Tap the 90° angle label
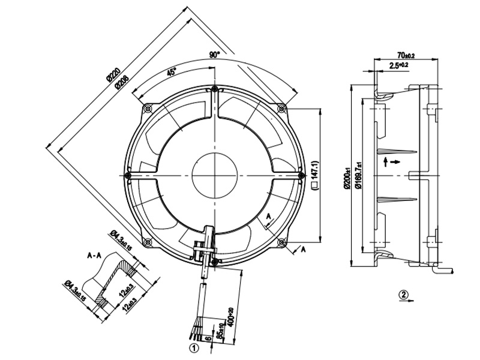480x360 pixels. (x=215, y=55)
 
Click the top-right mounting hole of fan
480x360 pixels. (x=282, y=108)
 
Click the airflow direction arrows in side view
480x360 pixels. (x=388, y=162)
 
